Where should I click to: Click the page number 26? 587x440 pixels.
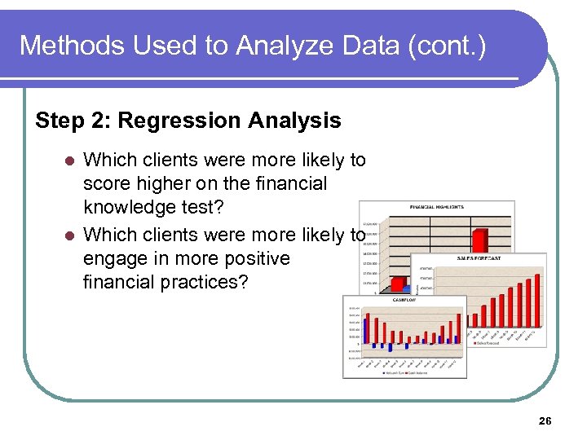point(545,421)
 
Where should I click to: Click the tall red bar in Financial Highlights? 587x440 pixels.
point(481,240)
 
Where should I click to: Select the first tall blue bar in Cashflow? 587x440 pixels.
point(366,329)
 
